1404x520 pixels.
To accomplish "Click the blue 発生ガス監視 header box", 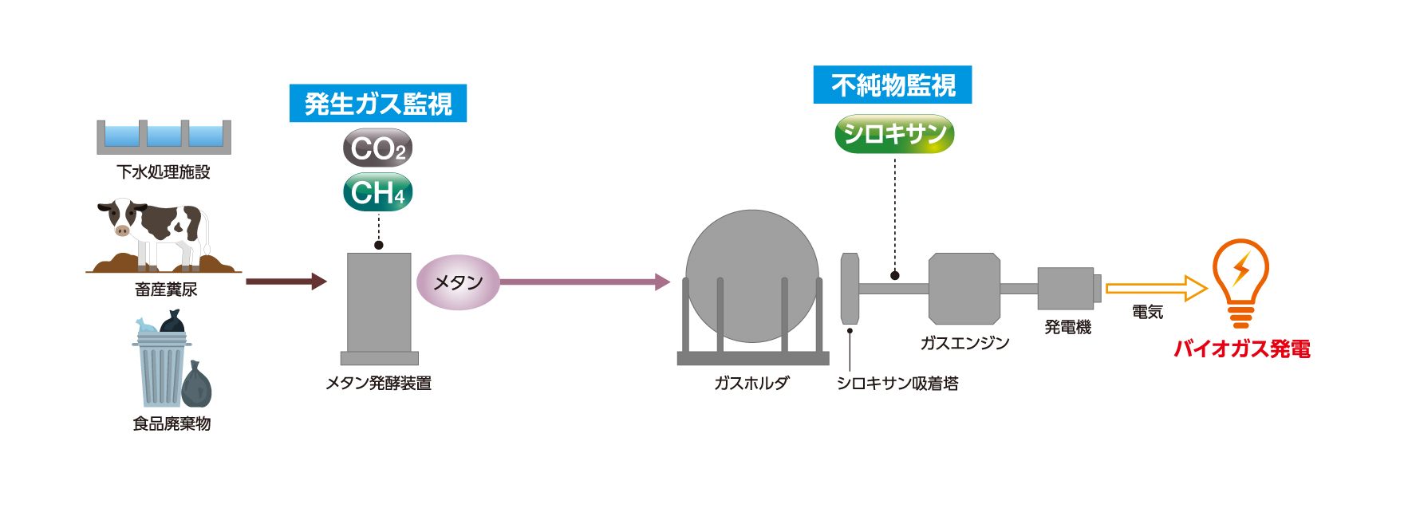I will tap(378, 104).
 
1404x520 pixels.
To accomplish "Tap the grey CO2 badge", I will tap(378, 148).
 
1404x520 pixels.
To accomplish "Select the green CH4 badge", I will tap(378, 192).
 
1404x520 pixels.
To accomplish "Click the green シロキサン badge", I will tap(894, 133).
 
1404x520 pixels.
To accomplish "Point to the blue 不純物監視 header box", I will tap(893, 85).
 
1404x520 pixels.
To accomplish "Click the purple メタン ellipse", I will tap(458, 282).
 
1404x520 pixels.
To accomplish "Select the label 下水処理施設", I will tap(164, 172).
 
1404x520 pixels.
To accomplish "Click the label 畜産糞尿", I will tap(166, 290).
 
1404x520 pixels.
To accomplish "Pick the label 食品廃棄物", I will tap(172, 423).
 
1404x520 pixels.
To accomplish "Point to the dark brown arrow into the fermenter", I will tap(286, 282).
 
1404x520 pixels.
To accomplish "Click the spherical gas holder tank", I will tap(752, 276).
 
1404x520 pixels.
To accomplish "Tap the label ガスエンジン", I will tap(964, 343).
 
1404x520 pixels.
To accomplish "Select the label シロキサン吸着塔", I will tap(897, 384).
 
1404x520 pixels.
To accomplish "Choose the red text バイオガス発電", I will tap(1242, 349).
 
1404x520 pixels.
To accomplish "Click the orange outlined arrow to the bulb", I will tap(1156, 288).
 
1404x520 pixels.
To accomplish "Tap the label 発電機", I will tap(1067, 327).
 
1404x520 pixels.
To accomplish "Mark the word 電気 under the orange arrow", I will tap(1147, 313).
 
